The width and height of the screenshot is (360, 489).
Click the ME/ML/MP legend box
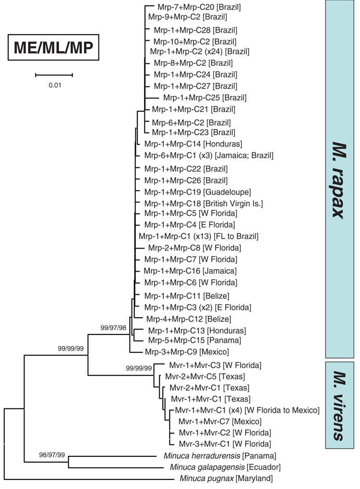pyautogui.click(x=53, y=48)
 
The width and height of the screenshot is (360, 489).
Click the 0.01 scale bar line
pyautogui.click(x=54, y=75)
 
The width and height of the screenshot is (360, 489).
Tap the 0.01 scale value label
pyautogui.click(x=55, y=85)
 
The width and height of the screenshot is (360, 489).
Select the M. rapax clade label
pyautogui.click(x=339, y=180)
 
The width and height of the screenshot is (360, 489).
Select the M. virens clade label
pyautogui.click(x=339, y=406)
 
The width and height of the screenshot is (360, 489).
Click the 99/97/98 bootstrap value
pyautogui.click(x=113, y=328)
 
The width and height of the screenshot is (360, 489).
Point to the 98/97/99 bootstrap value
pyautogui.click(x=52, y=455)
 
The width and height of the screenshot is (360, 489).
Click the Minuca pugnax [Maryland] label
pyautogui.click(x=226, y=478)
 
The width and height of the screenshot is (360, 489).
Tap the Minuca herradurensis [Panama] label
pyautogui.click(x=220, y=456)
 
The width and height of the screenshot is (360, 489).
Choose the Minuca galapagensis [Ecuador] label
pyautogui.click(x=225, y=467)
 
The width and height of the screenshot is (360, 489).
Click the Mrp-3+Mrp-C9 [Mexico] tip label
pyautogui.click(x=187, y=352)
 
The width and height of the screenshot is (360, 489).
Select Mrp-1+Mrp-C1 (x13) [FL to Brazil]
pyautogui.click(x=199, y=237)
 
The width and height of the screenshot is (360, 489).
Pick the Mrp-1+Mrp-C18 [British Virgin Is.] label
pyautogui.click(x=204, y=203)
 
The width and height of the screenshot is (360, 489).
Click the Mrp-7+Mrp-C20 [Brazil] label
pyautogui.click(x=199, y=7)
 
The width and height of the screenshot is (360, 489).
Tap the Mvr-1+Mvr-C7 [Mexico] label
pyautogui.click(x=220, y=422)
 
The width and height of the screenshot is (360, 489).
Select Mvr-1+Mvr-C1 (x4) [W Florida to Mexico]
pyautogui.click(x=247, y=410)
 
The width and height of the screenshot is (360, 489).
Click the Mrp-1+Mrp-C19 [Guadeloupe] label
pyautogui.click(x=198, y=192)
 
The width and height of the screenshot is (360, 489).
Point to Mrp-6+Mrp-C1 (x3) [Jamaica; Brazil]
pyautogui.click(x=209, y=155)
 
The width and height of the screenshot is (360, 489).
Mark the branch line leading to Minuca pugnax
pyautogui.click(x=90, y=479)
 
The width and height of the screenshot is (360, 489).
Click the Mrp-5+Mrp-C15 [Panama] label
pyautogui.click(x=195, y=340)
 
